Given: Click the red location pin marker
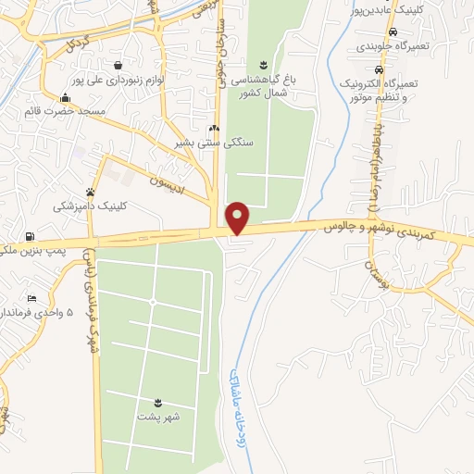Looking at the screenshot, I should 239,218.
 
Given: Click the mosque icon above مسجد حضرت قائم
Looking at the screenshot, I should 65,98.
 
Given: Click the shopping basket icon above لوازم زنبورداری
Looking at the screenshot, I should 119,65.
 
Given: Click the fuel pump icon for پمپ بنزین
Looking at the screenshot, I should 32,237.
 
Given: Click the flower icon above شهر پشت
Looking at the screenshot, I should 158,402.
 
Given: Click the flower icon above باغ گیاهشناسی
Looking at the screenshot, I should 264,63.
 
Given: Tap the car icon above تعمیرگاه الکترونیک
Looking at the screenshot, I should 379,70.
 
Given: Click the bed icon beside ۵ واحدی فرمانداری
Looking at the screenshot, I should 32,298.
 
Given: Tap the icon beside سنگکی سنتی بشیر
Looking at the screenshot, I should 213,129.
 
